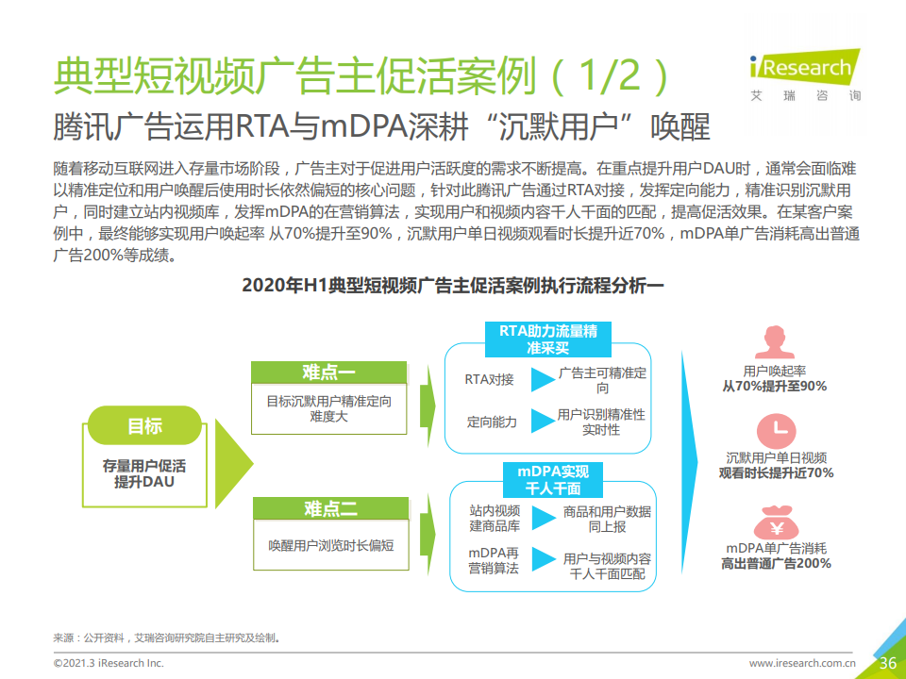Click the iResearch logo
point(805,75)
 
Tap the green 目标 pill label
point(144,425)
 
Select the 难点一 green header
point(328,373)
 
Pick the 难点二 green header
point(330,508)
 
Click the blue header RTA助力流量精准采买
point(547,339)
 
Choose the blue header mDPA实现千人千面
point(553,480)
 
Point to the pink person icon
point(774,341)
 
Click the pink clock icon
point(776,431)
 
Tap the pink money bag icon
point(776,522)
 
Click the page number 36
point(887,663)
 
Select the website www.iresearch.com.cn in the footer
point(802,663)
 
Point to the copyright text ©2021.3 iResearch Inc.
point(109,663)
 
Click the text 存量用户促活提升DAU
point(143,473)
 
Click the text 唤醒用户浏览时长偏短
point(331,546)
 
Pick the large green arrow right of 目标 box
point(234,463)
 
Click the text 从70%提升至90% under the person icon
point(774,387)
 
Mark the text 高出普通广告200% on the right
point(776,564)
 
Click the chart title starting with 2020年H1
point(453,285)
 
